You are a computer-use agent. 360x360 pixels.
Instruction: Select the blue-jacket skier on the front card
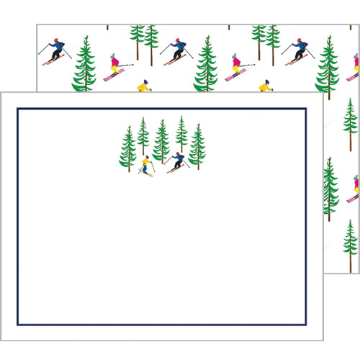click(177, 161)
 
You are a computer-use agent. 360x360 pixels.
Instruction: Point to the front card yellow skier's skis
click(146, 173)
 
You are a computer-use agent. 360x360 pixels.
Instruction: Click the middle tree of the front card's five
click(162, 140)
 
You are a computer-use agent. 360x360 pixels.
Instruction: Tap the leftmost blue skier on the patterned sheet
click(55, 51)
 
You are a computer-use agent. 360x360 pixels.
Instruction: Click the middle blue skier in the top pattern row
click(176, 50)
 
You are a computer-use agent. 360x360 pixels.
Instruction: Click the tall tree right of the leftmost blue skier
click(84, 65)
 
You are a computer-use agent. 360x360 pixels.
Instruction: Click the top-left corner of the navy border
click(18, 109)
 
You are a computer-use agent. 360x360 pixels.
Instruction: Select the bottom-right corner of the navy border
click(306, 325)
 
